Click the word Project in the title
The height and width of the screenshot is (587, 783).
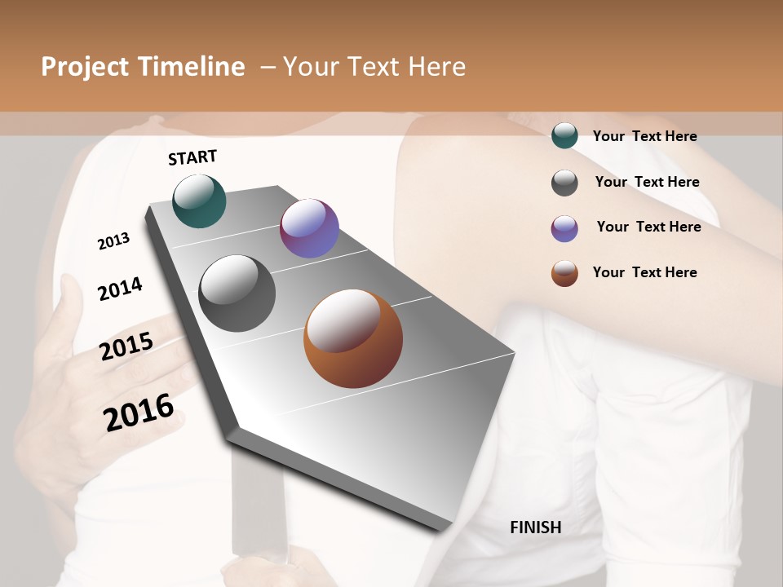(84, 67)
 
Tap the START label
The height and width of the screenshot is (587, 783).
(192, 157)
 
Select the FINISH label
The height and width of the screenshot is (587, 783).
(536, 527)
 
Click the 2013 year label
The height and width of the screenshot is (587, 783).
(113, 241)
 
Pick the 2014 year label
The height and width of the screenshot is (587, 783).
(120, 289)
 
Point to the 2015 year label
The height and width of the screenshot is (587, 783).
(126, 346)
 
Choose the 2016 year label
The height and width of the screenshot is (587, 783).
(139, 412)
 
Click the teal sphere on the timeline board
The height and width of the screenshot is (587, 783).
(200, 201)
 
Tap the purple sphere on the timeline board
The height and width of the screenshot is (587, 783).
(309, 228)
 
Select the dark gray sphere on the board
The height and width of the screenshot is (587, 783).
(237, 293)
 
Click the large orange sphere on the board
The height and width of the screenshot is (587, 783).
(353, 338)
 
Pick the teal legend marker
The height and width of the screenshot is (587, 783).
(564, 136)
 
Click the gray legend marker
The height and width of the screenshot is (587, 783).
(564, 183)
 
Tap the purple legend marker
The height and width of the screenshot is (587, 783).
(564, 228)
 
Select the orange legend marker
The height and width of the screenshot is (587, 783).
(564, 273)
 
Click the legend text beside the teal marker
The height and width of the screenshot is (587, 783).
(644, 136)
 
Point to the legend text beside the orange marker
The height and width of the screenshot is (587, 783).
(644, 272)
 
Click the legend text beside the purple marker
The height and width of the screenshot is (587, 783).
(648, 227)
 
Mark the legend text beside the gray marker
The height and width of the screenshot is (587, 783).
(647, 182)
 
